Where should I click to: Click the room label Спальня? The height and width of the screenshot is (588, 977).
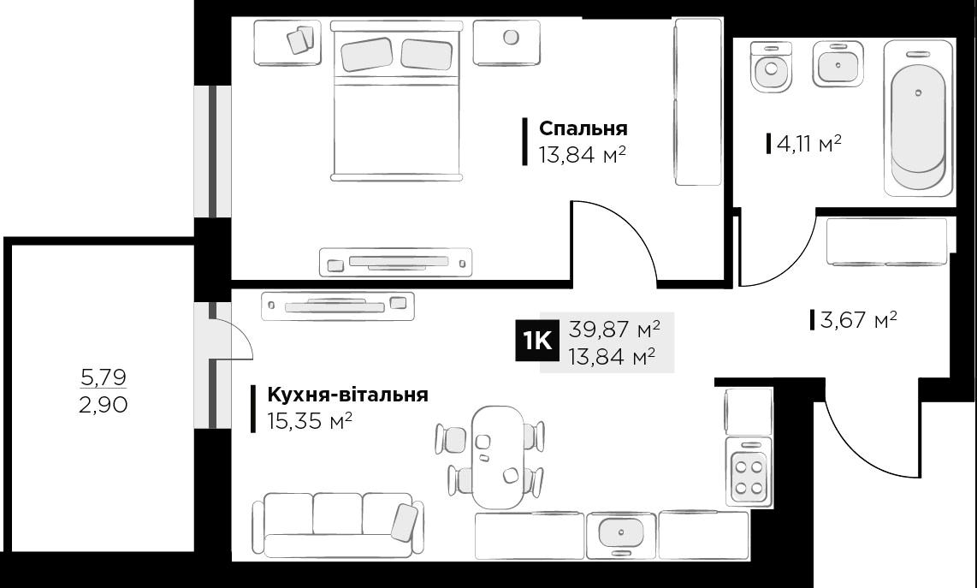583,128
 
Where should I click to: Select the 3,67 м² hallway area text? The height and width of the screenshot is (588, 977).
858,321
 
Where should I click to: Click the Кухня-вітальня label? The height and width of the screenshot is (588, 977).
347,395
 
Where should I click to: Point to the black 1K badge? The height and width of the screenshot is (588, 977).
536,341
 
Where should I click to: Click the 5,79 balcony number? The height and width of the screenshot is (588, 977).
103,376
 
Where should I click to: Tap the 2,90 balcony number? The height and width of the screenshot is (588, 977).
103,405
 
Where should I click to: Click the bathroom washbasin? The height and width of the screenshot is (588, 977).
834,63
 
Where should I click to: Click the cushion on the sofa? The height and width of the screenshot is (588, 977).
404,521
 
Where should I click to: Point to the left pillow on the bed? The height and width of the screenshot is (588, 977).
366,55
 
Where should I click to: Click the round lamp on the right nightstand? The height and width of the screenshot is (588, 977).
511,38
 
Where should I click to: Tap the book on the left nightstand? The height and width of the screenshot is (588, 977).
299,40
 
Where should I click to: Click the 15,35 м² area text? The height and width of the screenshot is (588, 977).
310,422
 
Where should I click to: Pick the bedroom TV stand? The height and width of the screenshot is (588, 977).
395,262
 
